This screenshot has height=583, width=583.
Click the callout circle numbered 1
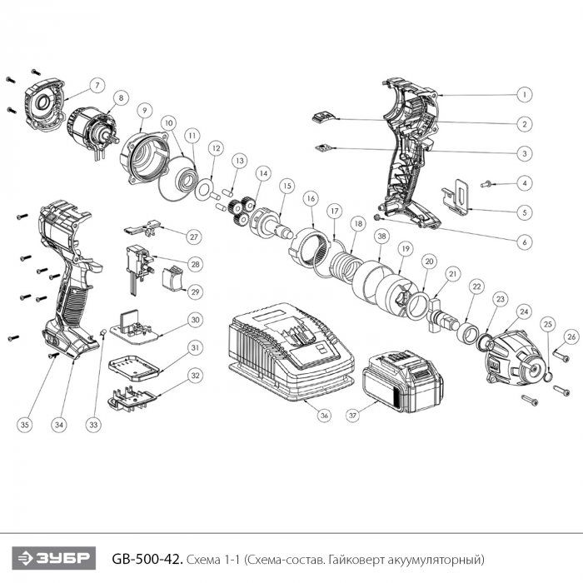point(526,94)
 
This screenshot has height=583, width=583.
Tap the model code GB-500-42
point(147,557)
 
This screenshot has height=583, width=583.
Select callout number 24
point(524,312)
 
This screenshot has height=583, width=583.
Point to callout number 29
point(195,291)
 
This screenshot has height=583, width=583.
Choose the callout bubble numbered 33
point(93,424)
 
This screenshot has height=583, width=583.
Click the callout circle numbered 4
point(526,182)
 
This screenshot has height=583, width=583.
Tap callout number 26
point(571,336)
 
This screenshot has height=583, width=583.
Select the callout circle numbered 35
point(25,424)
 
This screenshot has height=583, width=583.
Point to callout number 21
point(453,272)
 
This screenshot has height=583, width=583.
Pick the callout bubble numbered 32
point(195,376)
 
